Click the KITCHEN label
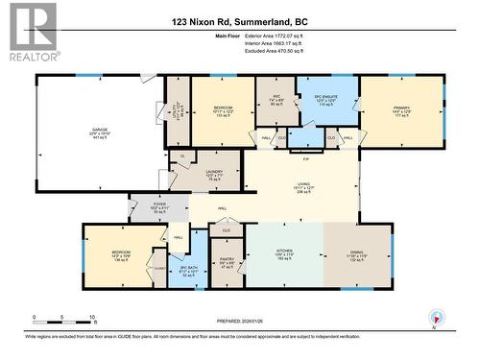[x=283, y=253]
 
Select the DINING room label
[x=357, y=253]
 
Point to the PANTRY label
[x=228, y=259]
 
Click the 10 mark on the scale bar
[x=92, y=316]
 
